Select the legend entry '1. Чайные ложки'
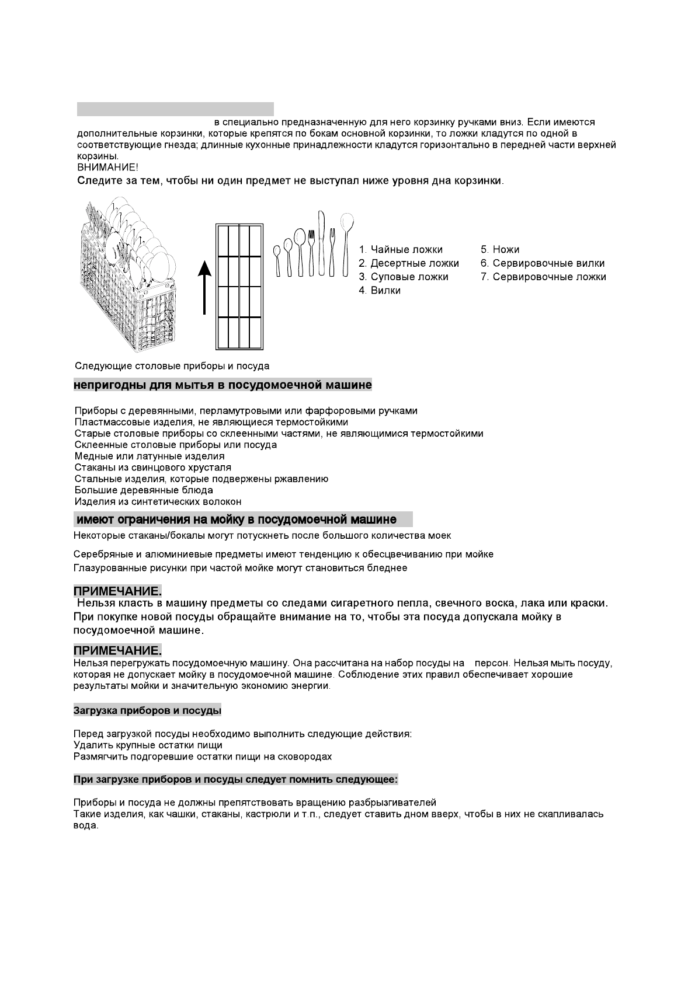(x=401, y=250)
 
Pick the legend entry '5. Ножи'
(x=500, y=250)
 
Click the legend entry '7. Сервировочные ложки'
(x=543, y=277)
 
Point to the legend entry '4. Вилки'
(x=380, y=290)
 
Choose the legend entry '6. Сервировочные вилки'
(x=543, y=263)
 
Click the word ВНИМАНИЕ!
(x=108, y=168)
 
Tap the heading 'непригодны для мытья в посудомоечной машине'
(x=223, y=385)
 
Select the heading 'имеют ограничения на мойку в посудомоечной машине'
(x=237, y=520)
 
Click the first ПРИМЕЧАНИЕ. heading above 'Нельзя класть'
(x=117, y=591)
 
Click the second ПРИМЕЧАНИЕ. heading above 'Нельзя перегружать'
(x=117, y=650)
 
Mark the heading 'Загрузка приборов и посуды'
(x=147, y=710)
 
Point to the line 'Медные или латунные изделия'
(x=150, y=456)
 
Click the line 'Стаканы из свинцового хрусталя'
(x=153, y=468)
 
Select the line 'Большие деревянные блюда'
(x=144, y=490)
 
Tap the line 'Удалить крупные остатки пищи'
(x=148, y=745)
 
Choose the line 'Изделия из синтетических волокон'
(x=158, y=501)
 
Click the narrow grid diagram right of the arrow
(x=239, y=287)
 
